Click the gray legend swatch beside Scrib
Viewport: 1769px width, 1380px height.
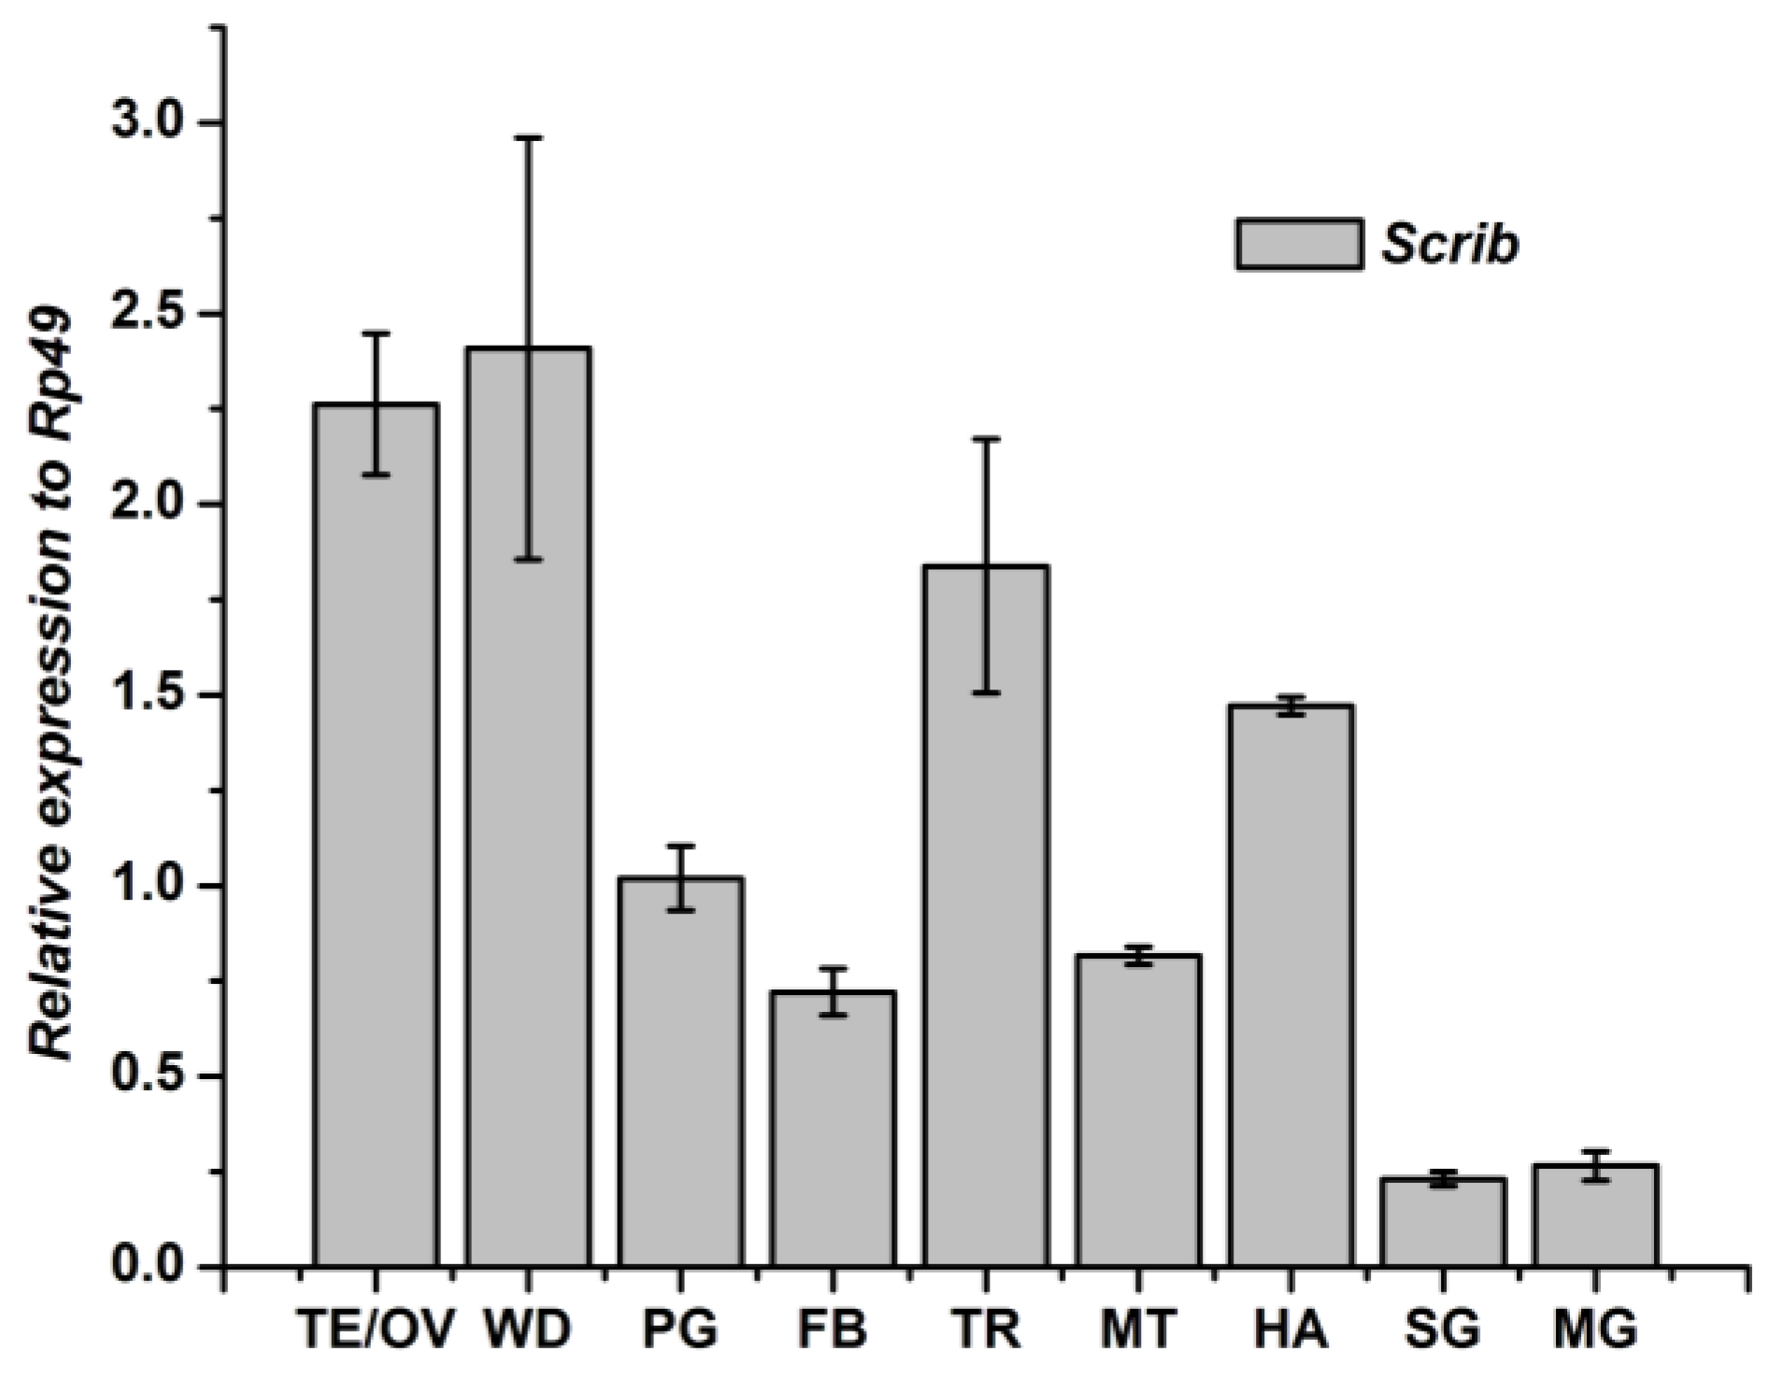(x=1299, y=245)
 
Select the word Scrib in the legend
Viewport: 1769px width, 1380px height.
(x=1450, y=245)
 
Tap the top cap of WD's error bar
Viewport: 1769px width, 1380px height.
(x=528, y=137)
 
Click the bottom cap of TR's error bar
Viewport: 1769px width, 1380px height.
(x=986, y=693)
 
